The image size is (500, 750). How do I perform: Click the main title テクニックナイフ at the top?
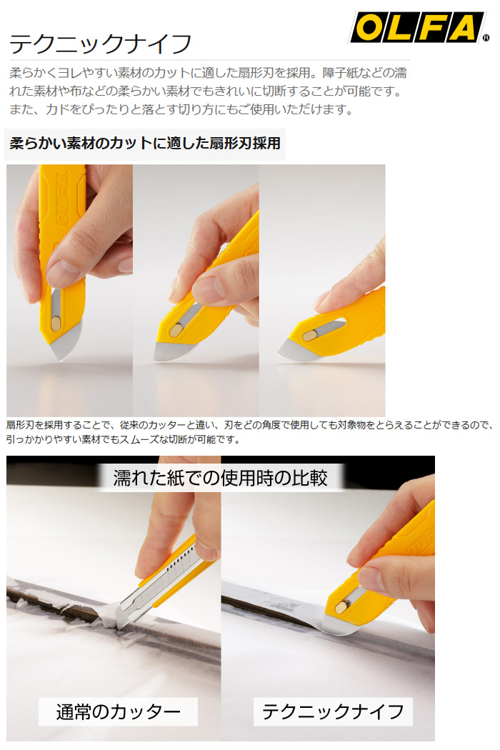[x=101, y=44]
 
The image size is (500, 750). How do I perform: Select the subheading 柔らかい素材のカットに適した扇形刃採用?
[x=145, y=143]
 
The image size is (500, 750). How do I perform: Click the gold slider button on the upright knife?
[x=56, y=324]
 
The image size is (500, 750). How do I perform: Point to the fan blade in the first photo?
[x=65, y=341]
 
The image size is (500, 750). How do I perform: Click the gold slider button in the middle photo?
[x=176, y=329]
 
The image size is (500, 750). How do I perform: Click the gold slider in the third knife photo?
[x=309, y=336]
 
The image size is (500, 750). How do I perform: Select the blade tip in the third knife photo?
[x=279, y=354]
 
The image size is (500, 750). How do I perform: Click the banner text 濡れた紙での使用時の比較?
[x=220, y=478]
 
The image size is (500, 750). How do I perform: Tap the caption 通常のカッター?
[x=118, y=711]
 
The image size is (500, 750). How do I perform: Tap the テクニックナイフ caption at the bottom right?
[x=333, y=711]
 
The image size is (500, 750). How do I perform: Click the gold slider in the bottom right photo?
[x=341, y=607]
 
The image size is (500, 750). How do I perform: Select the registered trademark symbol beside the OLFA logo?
[x=486, y=38]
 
